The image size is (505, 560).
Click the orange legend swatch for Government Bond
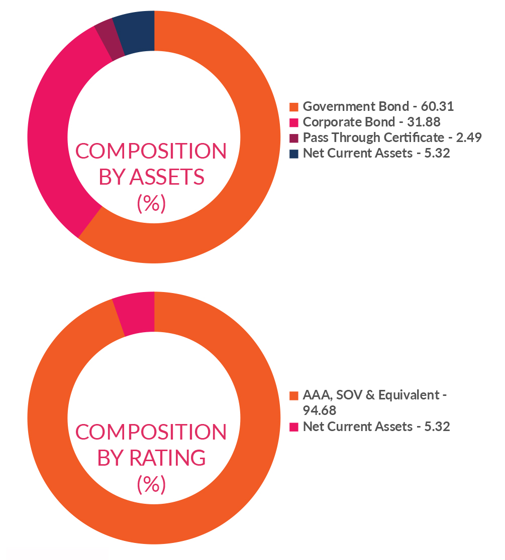294,107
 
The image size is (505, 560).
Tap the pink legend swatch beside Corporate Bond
294,122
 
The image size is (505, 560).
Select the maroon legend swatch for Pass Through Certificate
294,138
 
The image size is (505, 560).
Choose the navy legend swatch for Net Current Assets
294,154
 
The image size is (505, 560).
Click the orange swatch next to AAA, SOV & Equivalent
294,395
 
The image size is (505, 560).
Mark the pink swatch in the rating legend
294,427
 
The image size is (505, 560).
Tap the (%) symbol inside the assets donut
151,204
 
